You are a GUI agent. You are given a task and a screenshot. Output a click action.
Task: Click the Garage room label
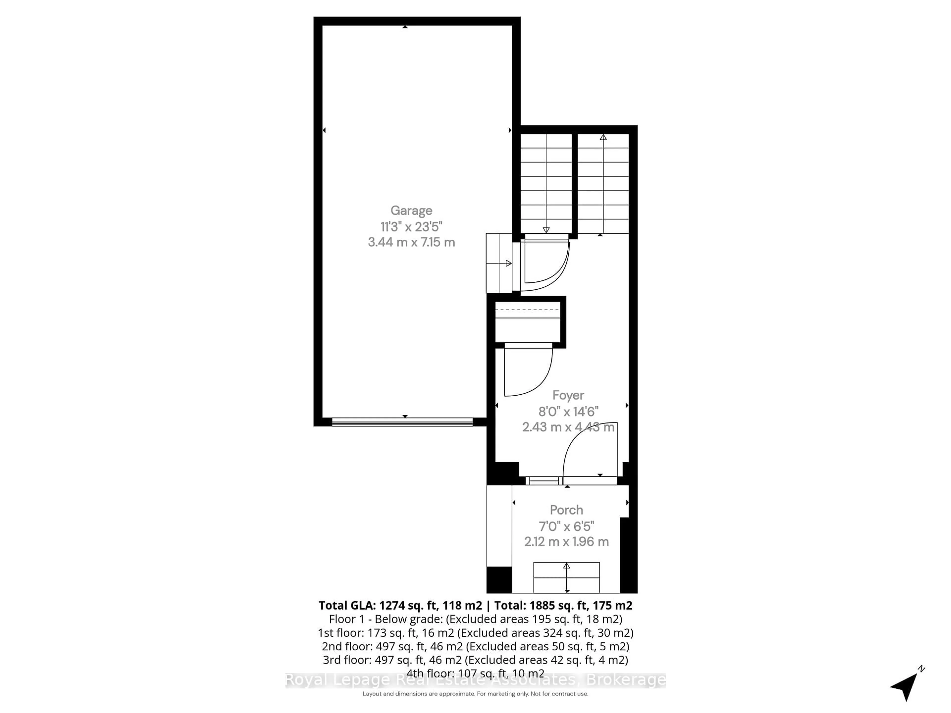pos(411,211)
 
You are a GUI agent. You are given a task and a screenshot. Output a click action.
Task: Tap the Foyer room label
pos(568,395)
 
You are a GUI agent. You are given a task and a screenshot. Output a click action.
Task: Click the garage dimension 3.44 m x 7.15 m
pos(411,242)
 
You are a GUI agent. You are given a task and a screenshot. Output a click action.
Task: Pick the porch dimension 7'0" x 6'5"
pos(566,526)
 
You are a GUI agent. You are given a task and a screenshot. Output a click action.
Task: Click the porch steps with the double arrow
pos(566,577)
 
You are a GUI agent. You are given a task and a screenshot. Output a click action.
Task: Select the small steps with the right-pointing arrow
pos(499,263)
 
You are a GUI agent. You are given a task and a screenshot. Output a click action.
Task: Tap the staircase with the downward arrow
pos(546,184)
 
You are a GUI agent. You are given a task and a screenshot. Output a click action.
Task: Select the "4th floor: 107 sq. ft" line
pos(475,673)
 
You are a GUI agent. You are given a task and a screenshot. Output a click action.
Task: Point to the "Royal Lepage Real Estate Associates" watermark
pos(475,680)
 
